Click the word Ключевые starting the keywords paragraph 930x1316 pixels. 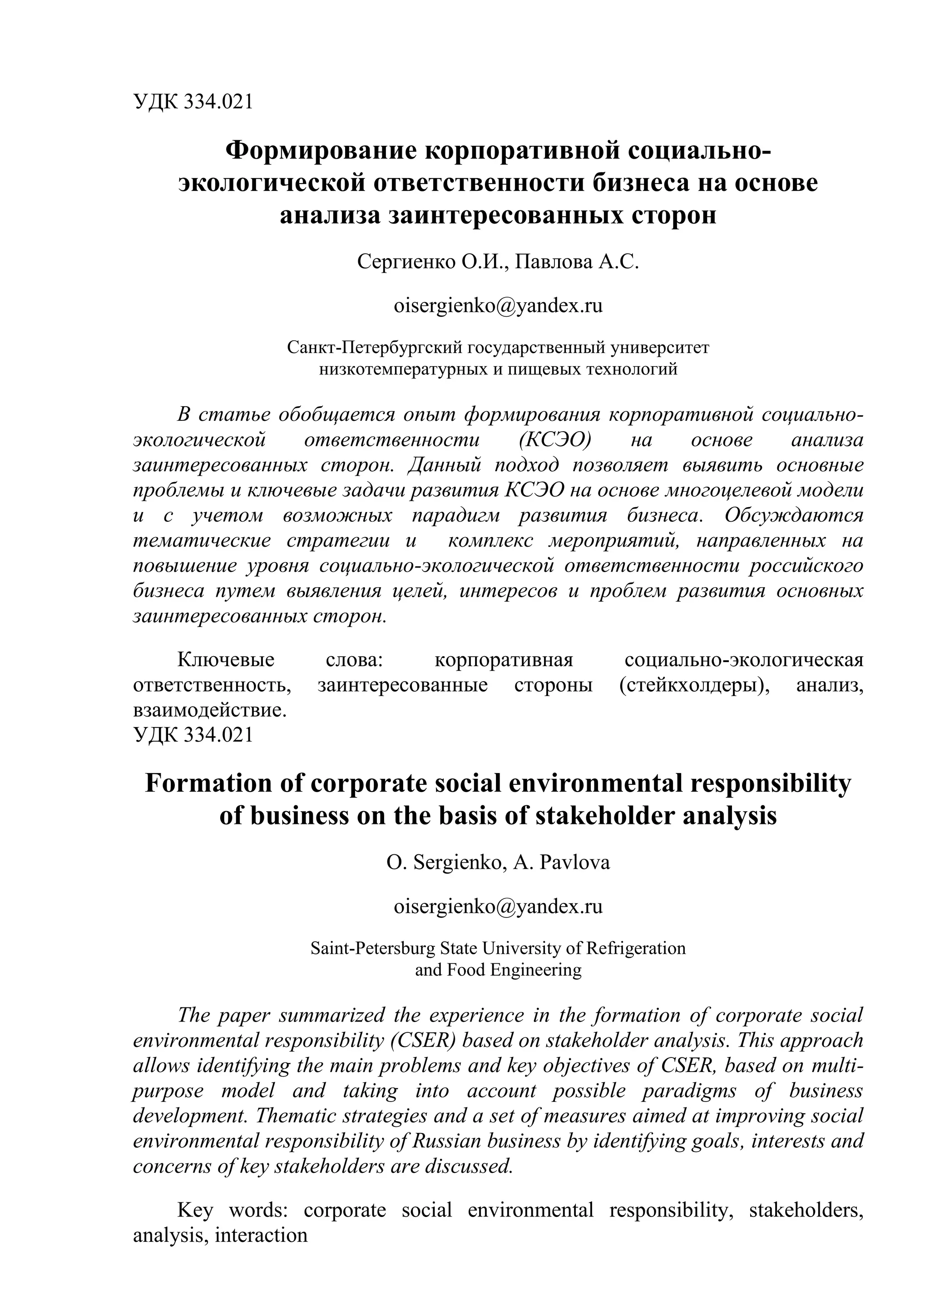click(226, 660)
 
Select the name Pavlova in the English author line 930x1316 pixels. click(573, 862)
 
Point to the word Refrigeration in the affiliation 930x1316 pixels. click(636, 948)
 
